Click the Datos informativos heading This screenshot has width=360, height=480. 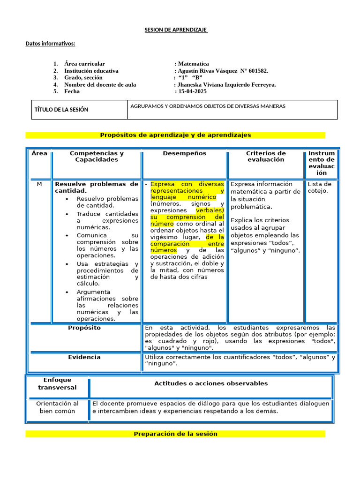click(50, 44)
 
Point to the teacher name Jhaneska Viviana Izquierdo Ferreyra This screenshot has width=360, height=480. click(226, 84)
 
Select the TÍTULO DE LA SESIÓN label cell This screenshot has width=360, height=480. click(61, 110)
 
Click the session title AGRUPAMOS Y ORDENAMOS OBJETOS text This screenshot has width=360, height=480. click(208, 106)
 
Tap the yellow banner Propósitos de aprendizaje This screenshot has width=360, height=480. click(175, 135)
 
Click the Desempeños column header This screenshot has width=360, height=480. click(184, 153)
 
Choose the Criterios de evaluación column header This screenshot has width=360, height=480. click(266, 157)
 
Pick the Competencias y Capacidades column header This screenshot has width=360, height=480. click(97, 157)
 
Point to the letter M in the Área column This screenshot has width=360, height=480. click(39, 184)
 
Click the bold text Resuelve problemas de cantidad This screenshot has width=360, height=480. click(97, 187)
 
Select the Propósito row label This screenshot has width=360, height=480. click(84, 328)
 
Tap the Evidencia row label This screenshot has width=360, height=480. click(84, 357)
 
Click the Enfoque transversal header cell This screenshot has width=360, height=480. click(57, 383)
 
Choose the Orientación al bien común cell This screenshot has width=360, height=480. click(57, 407)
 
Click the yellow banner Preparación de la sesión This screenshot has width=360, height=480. click(175, 434)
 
